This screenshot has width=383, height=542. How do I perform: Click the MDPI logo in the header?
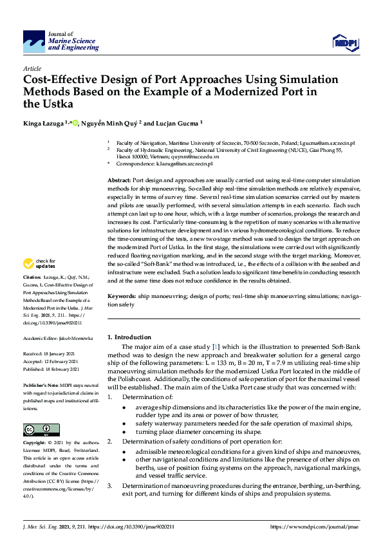tap(345, 42)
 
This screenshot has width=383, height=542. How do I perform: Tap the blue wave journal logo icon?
tap(34, 41)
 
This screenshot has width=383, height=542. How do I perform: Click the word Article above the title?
tap(32, 68)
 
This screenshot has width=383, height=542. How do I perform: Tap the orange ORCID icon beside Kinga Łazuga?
tap(75, 123)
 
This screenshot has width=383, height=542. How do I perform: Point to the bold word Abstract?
tap(118, 181)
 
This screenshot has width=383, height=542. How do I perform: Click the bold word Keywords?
tap(121, 296)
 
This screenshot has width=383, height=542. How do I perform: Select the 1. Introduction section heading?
tap(129, 337)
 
